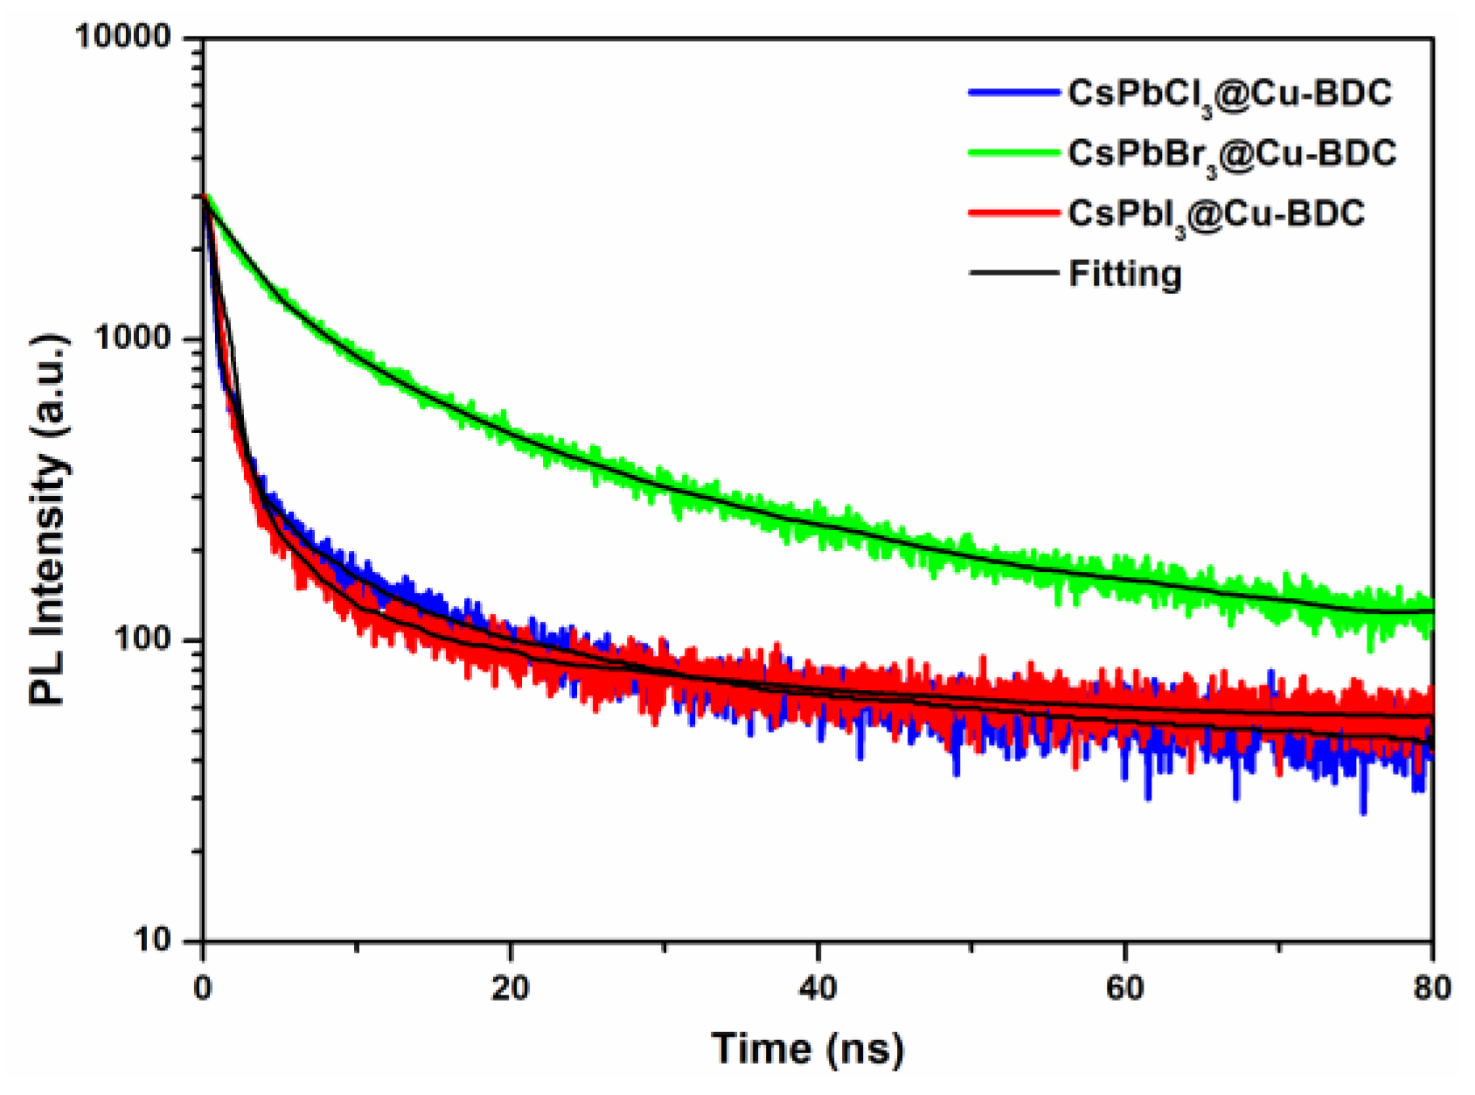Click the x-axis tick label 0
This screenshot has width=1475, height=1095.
coord(203,988)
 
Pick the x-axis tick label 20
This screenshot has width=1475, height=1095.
coord(510,988)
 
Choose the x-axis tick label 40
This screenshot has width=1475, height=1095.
coord(818,988)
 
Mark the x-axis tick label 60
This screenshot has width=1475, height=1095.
coord(1124,988)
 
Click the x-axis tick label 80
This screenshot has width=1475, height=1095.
coord(1431,988)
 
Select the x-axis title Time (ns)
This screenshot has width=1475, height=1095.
coord(807,1048)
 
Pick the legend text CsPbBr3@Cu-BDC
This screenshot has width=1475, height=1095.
coord(1231,155)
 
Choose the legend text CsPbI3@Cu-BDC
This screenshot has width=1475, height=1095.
coord(1215,214)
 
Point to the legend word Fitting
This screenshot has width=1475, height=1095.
coord(1124,274)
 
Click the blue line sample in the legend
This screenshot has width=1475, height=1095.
coord(1013,92)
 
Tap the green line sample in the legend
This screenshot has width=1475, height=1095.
coord(1013,152)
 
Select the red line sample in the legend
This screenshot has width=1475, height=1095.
coord(1013,212)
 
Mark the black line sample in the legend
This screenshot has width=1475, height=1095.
coord(1013,272)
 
